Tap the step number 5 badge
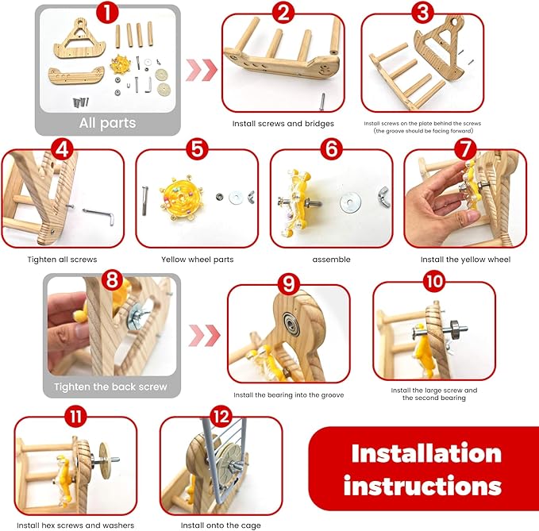pyautogui.click(x=197, y=148)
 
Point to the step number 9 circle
pyautogui.click(x=288, y=282)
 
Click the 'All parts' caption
pyautogui.click(x=106, y=123)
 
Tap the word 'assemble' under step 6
pyautogui.click(x=332, y=259)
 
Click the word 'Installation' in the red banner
pyautogui.click(x=426, y=453)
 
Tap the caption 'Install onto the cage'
pyautogui.click(x=221, y=525)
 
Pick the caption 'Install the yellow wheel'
pyautogui.click(x=464, y=259)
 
